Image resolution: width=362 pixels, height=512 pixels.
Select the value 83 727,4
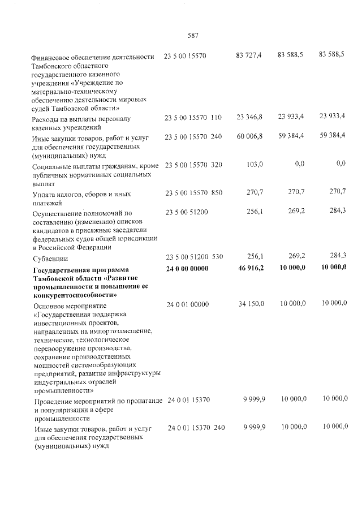click(x=249, y=55)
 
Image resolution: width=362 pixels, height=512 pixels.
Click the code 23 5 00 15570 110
click(x=193, y=117)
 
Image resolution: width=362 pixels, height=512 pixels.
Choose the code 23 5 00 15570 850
click(x=193, y=192)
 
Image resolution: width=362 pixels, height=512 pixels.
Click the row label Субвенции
click(x=50, y=258)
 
